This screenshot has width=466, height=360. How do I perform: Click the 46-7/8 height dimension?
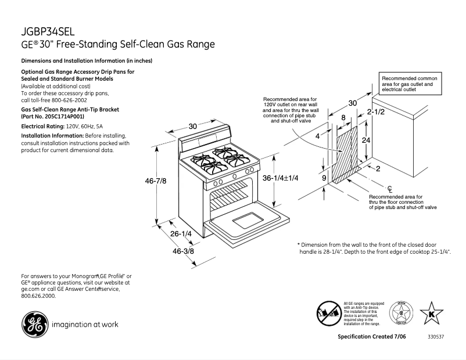(x=155, y=181)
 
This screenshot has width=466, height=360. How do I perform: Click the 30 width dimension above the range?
(x=193, y=126)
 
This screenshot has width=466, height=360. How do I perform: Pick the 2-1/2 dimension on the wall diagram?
(x=375, y=111)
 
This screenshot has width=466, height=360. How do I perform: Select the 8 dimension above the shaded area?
(x=343, y=117)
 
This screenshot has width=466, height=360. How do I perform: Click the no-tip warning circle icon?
(x=328, y=314)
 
